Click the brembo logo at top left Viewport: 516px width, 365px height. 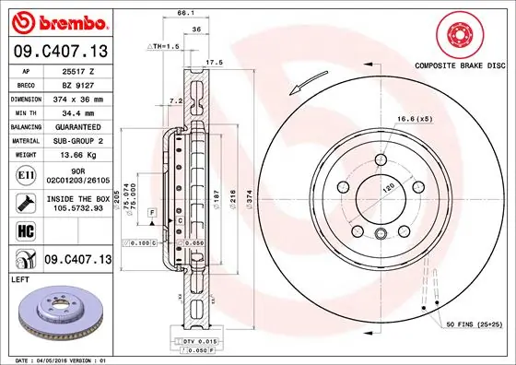click(x=60, y=20)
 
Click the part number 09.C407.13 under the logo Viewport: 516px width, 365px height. click(x=60, y=52)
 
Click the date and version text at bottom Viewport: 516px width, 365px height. click(x=60, y=359)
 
